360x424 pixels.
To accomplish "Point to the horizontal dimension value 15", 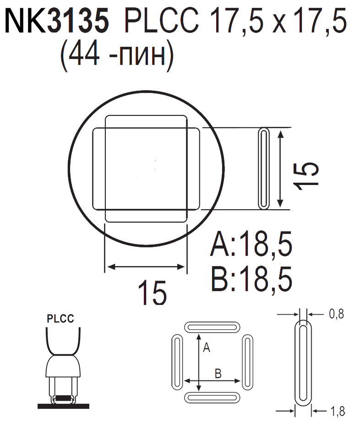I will click(x=153, y=293).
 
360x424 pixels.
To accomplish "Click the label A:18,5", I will click(x=251, y=246).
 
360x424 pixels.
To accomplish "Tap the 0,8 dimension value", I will click(x=336, y=314).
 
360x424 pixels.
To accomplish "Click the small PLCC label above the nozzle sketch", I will click(x=60, y=319).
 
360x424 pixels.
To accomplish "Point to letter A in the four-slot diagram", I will click(x=206, y=349).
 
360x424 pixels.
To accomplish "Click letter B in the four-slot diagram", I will click(x=218, y=374).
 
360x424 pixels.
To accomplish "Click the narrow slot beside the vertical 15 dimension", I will click(x=264, y=169).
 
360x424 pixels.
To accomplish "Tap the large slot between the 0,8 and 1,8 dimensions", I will click(x=302, y=363).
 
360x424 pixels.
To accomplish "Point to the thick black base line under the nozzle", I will click(x=63, y=406).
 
